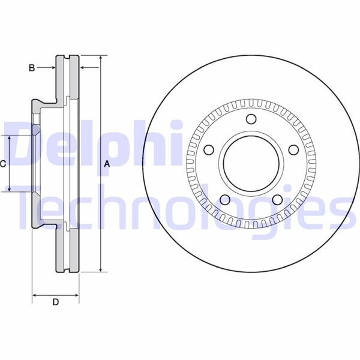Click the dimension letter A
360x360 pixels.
click(x=107, y=164)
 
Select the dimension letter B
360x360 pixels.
click(x=32, y=68)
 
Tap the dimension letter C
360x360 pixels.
click(x=4, y=164)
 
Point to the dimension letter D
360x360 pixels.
click(x=55, y=302)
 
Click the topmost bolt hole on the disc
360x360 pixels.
click(x=251, y=118)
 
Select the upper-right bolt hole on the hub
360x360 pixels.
click(x=293, y=150)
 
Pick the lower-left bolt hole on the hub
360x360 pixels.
click(x=224, y=200)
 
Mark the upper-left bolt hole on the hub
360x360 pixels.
click(x=208, y=150)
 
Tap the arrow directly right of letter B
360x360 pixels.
click(x=51, y=68)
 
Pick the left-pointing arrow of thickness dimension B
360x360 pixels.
click(x=85, y=68)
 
